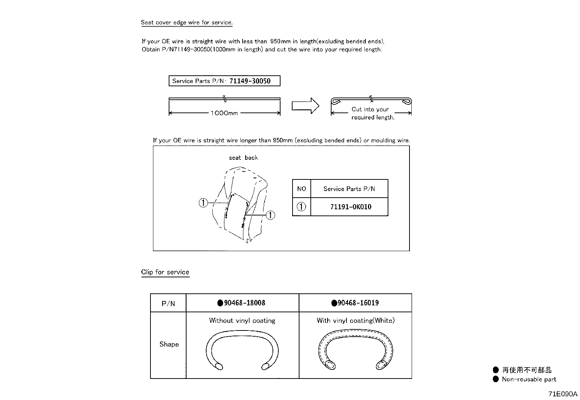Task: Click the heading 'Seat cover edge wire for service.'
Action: point(187,23)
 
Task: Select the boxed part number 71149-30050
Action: point(250,81)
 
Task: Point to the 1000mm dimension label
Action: point(224,113)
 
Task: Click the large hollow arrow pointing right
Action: point(305,106)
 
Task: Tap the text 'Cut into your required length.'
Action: point(372,113)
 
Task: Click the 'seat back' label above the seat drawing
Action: point(243,158)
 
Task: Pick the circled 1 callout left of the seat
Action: point(203,203)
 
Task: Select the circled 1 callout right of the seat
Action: point(270,215)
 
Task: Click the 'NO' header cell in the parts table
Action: point(302,189)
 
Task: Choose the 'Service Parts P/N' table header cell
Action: point(349,189)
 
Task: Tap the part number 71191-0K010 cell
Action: point(350,207)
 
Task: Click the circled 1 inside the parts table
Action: point(302,207)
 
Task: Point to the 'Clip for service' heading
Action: point(165,272)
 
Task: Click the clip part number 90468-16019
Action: point(358,303)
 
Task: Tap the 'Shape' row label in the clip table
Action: point(169,344)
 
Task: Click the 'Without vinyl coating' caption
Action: point(242,320)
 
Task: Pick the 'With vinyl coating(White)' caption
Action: point(356,320)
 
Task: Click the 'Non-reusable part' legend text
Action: point(529,379)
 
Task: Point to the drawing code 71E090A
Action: point(563,394)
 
